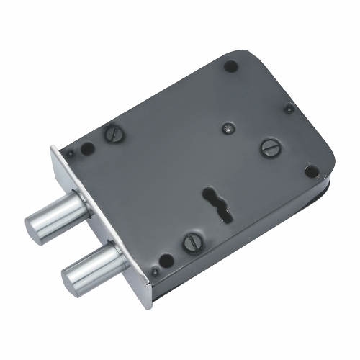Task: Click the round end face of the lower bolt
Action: (73, 276)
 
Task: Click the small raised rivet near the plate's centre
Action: (227, 127)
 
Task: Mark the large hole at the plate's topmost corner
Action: (231, 66)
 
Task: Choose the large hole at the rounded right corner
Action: (311, 171)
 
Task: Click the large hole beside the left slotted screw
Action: (88, 150)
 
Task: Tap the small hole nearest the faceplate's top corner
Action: (71, 153)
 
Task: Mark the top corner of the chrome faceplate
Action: (54, 148)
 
